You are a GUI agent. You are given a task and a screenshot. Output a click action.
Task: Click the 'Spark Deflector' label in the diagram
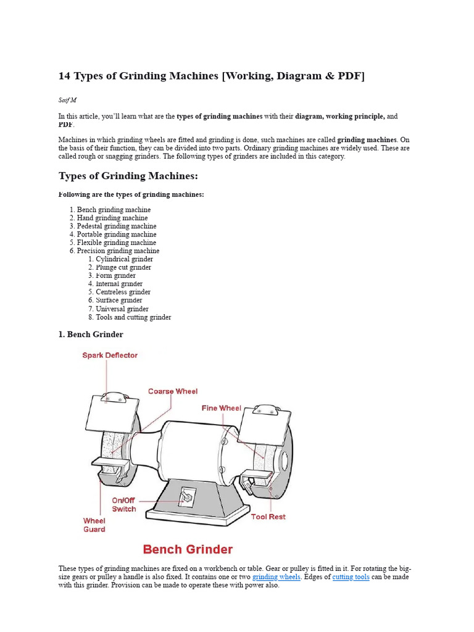[x=110, y=355]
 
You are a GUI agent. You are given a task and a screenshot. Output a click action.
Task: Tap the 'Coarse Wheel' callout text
[x=173, y=391]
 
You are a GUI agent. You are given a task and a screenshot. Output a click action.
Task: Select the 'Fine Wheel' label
[x=222, y=408]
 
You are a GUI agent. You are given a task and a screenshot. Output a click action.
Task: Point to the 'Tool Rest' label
[x=268, y=517]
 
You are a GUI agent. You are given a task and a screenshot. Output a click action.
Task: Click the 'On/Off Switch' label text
[x=124, y=505]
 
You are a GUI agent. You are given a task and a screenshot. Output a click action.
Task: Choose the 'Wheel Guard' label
[x=94, y=525]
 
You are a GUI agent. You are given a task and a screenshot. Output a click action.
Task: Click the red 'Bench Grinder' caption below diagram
[x=188, y=549]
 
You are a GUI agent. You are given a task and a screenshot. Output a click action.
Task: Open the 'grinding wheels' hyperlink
[x=276, y=577]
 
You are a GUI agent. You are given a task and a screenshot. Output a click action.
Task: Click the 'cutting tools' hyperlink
[x=352, y=577]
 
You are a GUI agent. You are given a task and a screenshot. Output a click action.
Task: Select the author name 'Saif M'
[x=67, y=100]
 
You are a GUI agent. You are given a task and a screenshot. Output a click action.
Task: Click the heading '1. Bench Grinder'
[x=91, y=335]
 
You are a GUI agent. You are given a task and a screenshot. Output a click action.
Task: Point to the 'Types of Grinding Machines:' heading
[x=128, y=177]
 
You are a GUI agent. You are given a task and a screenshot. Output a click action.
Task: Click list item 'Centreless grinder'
[x=123, y=292]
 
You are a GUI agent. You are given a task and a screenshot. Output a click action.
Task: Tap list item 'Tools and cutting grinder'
[x=133, y=317]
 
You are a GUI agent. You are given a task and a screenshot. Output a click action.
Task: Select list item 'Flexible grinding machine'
[x=117, y=243]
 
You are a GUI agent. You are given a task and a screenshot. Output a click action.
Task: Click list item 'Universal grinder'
[x=122, y=309]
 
